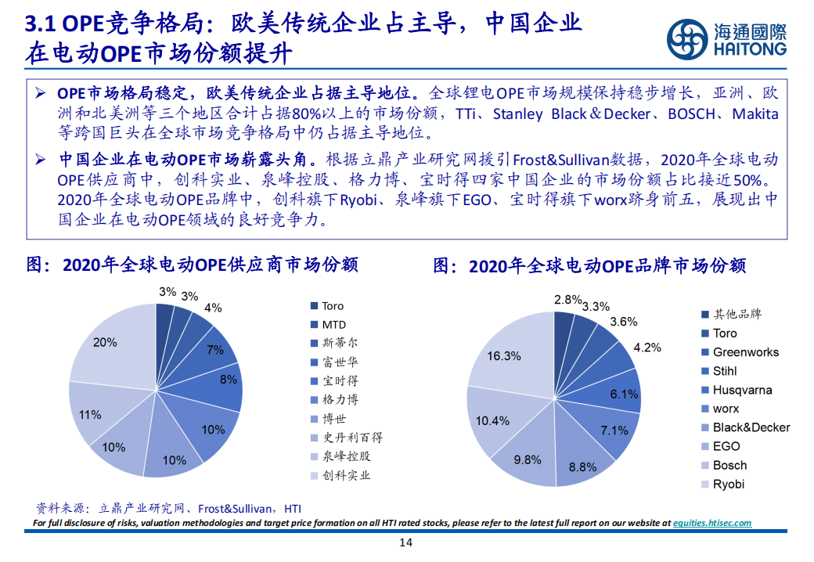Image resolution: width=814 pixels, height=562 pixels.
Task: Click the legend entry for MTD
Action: [x=333, y=324]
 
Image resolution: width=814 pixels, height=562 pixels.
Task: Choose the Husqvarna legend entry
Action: [x=742, y=390]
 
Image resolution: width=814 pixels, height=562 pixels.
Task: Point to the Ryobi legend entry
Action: [x=728, y=484]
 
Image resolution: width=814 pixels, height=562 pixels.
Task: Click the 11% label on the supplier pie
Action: [x=90, y=415]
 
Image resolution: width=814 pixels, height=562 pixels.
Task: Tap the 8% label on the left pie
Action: [x=229, y=380]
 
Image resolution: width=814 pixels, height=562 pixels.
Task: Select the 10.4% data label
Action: [x=492, y=421]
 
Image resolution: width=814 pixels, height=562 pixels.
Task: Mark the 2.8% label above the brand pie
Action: [x=567, y=299]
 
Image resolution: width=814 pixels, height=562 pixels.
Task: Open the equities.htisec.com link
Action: [x=711, y=523]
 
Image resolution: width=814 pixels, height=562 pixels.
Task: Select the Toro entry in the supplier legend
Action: [x=333, y=305]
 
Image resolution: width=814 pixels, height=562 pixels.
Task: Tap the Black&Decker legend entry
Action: [x=751, y=427]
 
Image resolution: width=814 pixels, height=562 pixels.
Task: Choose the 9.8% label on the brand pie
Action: [x=528, y=459]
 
